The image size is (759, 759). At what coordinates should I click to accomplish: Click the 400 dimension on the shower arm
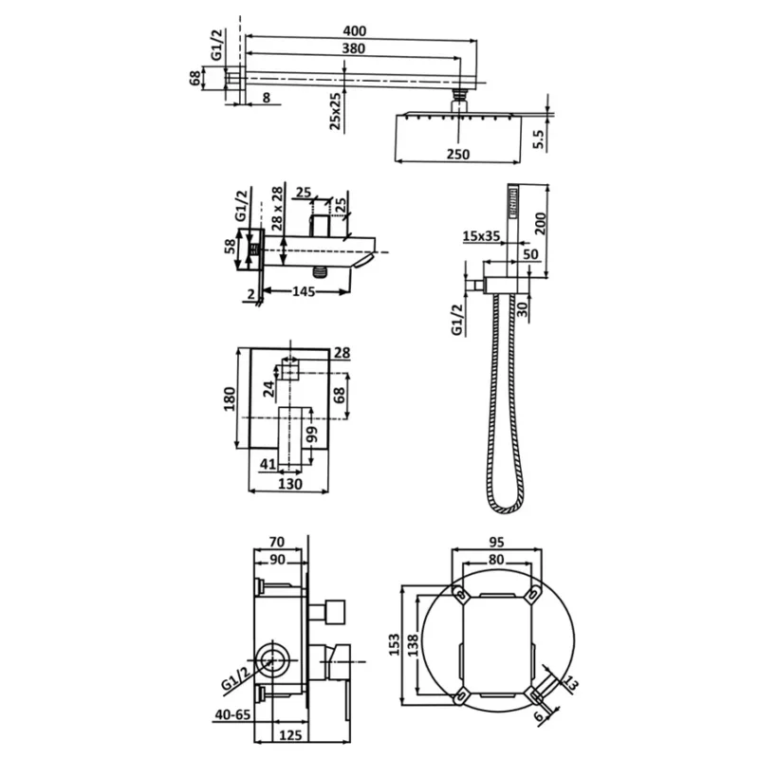(355, 30)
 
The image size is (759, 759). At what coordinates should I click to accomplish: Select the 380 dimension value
(353, 48)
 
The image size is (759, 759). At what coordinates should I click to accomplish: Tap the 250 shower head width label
(458, 154)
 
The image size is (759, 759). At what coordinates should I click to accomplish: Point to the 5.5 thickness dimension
(539, 139)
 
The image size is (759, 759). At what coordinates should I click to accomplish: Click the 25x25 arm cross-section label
(335, 112)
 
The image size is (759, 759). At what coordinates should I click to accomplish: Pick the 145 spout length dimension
(304, 291)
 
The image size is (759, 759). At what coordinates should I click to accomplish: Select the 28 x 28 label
(276, 208)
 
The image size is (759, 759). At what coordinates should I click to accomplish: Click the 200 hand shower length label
(540, 223)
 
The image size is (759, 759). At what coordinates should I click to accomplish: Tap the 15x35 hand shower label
(481, 236)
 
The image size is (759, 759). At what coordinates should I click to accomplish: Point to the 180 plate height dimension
(230, 398)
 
